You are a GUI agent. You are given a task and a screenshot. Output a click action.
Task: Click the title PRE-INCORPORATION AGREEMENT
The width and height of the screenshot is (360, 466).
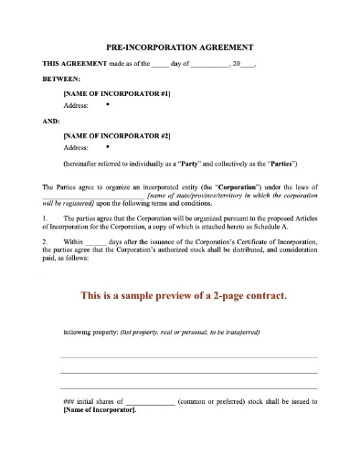(180, 46)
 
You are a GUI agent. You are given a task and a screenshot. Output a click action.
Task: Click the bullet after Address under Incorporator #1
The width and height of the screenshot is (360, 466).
(107, 105)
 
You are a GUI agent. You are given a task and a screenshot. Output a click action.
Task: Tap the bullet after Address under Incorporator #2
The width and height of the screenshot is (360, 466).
(107, 144)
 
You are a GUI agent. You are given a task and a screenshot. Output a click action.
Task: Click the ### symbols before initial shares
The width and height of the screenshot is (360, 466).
(69, 400)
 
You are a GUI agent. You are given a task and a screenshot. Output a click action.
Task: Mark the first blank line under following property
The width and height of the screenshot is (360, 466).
(189, 357)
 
